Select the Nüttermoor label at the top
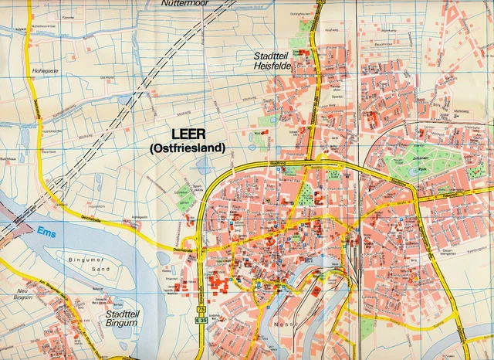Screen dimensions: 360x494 (185, 4)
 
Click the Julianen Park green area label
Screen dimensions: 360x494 (418, 161)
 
